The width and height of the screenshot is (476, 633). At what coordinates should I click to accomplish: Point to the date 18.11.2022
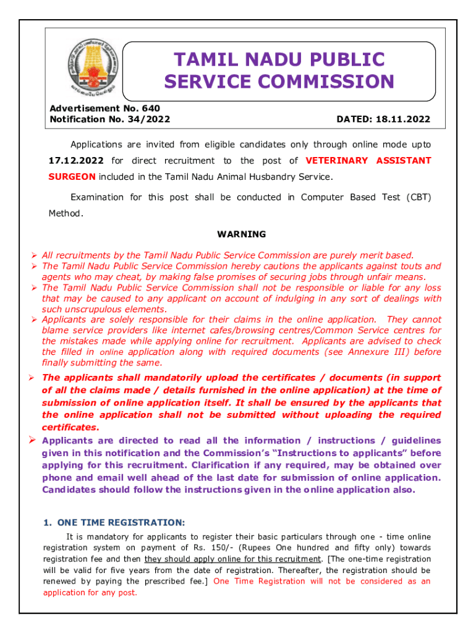pyautogui.click(x=406, y=119)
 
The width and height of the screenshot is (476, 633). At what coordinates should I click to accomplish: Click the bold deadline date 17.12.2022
pyautogui.click(x=76, y=161)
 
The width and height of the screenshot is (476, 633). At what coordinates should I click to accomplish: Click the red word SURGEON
pyautogui.click(x=72, y=177)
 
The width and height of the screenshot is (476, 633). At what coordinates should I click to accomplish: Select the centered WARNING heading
pyautogui.click(x=242, y=234)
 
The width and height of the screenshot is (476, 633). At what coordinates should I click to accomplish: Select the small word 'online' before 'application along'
pyautogui.click(x=112, y=352)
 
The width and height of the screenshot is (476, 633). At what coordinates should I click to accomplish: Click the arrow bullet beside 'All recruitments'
pyautogui.click(x=35, y=255)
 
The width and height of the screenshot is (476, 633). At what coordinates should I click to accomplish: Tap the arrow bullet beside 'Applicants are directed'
pyautogui.click(x=35, y=440)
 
